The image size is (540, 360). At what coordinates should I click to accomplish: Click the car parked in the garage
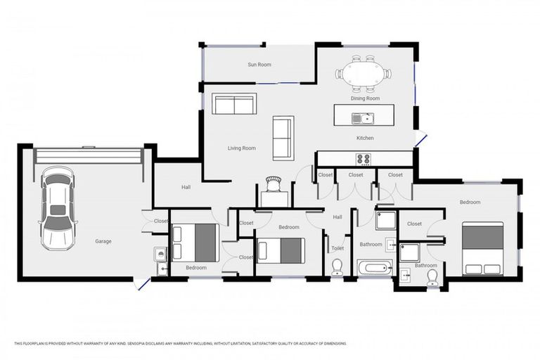click(x=58, y=208)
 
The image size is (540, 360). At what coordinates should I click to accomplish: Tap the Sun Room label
click(x=259, y=65)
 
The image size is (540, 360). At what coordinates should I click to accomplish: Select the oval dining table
click(x=364, y=73)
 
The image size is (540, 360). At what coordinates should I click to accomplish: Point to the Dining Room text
click(x=365, y=98)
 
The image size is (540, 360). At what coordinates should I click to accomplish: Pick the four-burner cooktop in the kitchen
click(x=364, y=159)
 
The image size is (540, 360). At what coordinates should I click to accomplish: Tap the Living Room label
click(x=241, y=148)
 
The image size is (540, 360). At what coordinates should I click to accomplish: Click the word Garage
click(x=103, y=241)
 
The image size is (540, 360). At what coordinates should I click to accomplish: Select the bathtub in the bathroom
click(x=374, y=268)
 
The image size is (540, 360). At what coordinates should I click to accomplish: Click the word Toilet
click(x=337, y=248)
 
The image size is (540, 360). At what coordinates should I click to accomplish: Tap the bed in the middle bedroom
click(x=280, y=250)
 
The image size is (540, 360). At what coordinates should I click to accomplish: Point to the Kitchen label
click(x=365, y=138)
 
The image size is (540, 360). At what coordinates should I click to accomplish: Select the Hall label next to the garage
click(x=186, y=187)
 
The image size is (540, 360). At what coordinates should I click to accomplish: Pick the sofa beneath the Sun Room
click(x=235, y=104)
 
